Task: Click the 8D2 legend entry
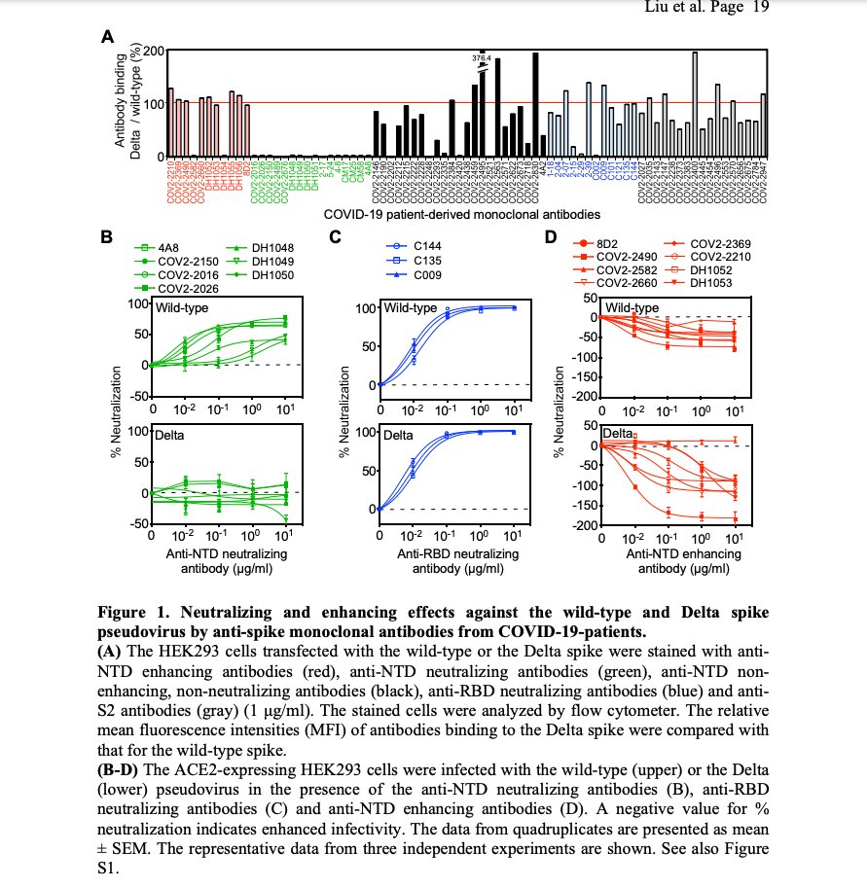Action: click(x=617, y=244)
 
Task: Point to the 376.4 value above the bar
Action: click(x=481, y=58)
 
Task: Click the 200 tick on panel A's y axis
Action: click(x=153, y=51)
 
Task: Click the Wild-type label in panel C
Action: click(x=411, y=309)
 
